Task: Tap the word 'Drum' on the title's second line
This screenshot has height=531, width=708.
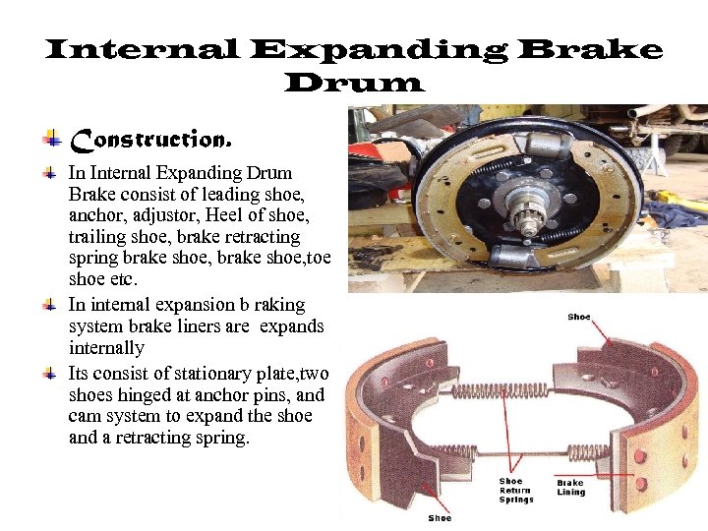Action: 354,84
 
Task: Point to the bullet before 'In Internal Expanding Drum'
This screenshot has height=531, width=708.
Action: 51,172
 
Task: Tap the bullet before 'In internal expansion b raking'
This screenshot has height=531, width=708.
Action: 51,306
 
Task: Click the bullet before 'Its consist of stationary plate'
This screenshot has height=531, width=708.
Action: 51,374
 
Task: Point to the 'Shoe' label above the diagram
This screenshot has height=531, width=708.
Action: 579,317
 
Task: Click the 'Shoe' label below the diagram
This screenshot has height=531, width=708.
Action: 440,517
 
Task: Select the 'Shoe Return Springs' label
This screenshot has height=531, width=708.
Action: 514,490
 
